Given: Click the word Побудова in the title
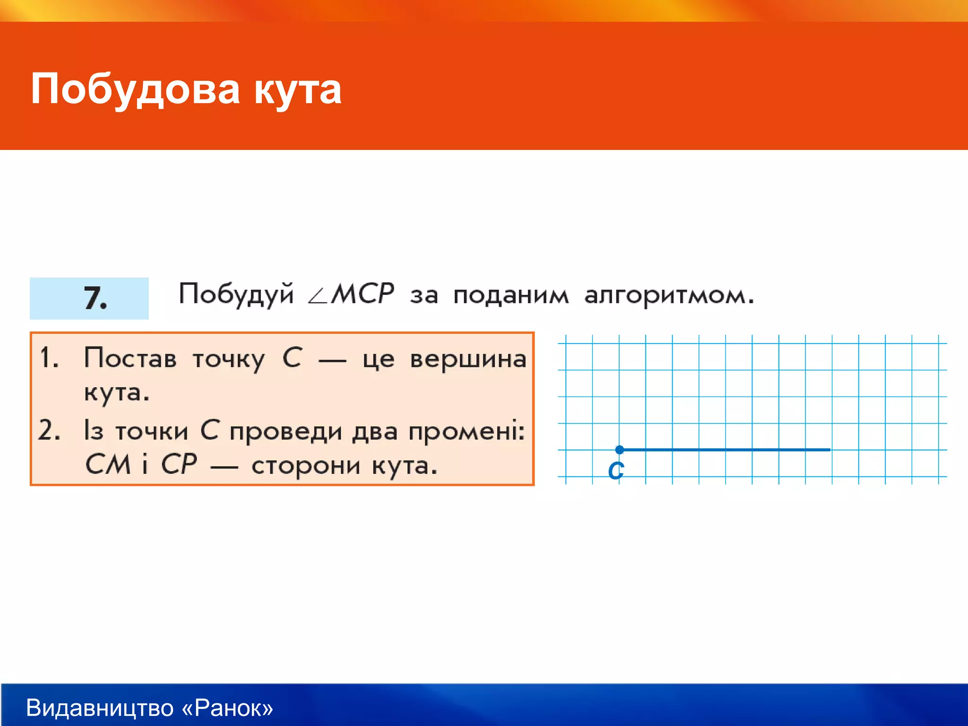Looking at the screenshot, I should click(x=135, y=90).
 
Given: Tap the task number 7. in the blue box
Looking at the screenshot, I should click(x=95, y=298).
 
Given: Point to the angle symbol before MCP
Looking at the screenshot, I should click(x=317, y=297).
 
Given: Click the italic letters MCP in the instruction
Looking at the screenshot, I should click(x=362, y=294).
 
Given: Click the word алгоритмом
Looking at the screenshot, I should click(x=668, y=296).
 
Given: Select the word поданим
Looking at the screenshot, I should click(x=510, y=296).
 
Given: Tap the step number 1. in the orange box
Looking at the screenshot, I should click(x=49, y=357).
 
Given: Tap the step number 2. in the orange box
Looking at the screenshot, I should click(x=49, y=430).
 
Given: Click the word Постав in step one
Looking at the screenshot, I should click(x=130, y=358).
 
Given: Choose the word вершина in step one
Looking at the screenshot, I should click(x=468, y=360).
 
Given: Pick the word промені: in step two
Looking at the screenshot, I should click(x=466, y=432).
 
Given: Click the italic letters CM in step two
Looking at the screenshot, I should click(x=108, y=464).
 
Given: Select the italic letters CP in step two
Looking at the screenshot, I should click(x=179, y=464).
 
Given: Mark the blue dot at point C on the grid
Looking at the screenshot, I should click(x=620, y=449).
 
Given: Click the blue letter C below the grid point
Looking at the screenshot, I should click(x=616, y=471).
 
